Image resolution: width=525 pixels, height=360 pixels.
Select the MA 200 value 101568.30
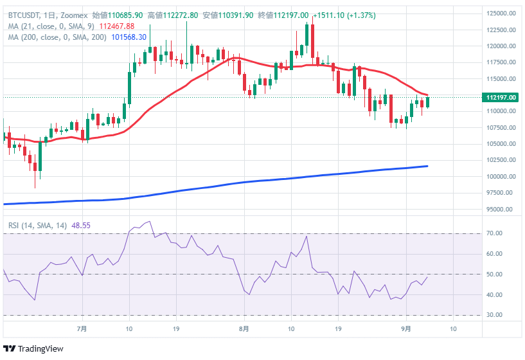(130, 37)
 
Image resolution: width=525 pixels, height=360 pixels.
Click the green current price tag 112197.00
(502, 98)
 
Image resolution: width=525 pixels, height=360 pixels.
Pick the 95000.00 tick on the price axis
(501, 210)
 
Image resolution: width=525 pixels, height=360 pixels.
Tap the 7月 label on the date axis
(82, 328)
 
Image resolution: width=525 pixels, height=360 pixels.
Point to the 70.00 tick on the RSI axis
(495, 233)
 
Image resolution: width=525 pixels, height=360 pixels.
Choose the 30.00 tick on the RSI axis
(495, 315)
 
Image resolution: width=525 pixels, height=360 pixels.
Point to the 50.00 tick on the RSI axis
(495, 274)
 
